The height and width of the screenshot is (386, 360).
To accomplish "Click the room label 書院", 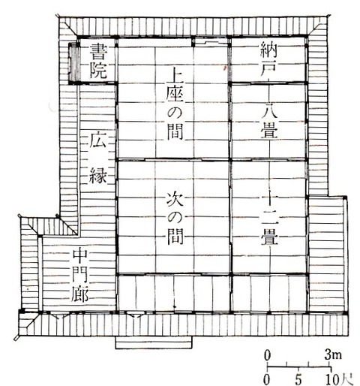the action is point(99,61).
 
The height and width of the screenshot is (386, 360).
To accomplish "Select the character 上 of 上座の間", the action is point(175,76).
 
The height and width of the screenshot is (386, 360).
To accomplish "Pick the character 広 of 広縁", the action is point(97,140).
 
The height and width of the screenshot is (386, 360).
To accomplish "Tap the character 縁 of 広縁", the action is point(98,175).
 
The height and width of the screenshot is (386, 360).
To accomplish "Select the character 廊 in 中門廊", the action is point(80,294).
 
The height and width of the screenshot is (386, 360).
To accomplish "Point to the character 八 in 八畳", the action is point(269,110).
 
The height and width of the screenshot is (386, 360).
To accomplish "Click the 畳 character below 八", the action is point(269,130).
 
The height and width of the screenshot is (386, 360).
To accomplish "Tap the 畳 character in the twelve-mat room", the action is point(270,237).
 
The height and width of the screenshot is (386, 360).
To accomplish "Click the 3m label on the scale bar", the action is point(333,355).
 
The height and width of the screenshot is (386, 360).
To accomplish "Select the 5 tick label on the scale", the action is point(298,380).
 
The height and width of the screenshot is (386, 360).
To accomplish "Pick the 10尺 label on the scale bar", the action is point(339,380).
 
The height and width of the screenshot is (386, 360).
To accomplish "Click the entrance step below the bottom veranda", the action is point(154,342).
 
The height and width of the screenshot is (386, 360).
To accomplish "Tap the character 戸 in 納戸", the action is point(268,68).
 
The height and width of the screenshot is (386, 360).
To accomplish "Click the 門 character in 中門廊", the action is point(80,274).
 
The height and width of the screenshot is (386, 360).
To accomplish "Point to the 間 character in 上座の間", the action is point(175,131).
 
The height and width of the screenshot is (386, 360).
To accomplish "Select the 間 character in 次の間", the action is point(175,237).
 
